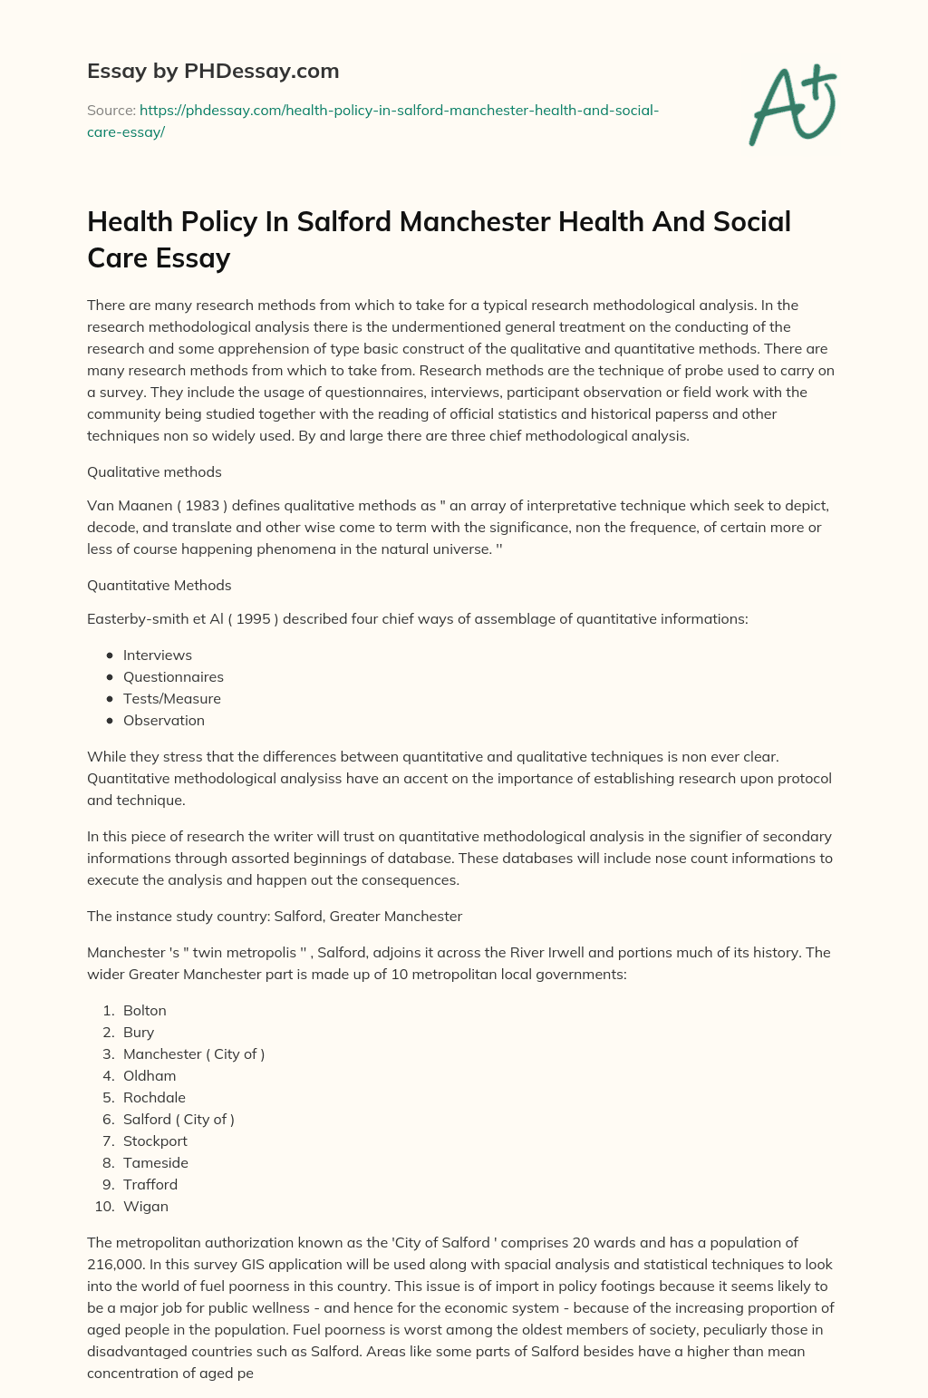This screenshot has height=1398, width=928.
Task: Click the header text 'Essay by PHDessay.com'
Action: point(213,71)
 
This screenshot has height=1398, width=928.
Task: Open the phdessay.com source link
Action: point(372,121)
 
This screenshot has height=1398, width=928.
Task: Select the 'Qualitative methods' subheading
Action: point(154,471)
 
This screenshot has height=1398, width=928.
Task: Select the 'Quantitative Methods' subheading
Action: point(159,585)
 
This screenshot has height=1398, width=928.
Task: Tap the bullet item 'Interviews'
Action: point(158,655)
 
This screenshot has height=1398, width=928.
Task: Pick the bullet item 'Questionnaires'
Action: point(173,676)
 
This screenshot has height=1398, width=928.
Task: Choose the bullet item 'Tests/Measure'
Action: point(172,698)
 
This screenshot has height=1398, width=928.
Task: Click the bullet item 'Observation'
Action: point(164,720)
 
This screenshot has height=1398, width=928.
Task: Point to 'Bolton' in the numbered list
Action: point(145,1010)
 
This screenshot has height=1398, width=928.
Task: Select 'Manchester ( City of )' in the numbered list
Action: point(194,1053)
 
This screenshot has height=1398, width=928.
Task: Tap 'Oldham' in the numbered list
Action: point(150,1075)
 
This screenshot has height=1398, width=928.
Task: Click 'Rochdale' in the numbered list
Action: point(154,1097)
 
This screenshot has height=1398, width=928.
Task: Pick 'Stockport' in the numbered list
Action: point(155,1141)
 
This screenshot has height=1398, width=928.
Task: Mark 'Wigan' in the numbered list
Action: point(146,1206)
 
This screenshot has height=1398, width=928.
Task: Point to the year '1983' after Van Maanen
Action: point(202,505)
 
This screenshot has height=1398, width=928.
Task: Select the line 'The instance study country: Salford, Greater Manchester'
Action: point(275,916)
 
